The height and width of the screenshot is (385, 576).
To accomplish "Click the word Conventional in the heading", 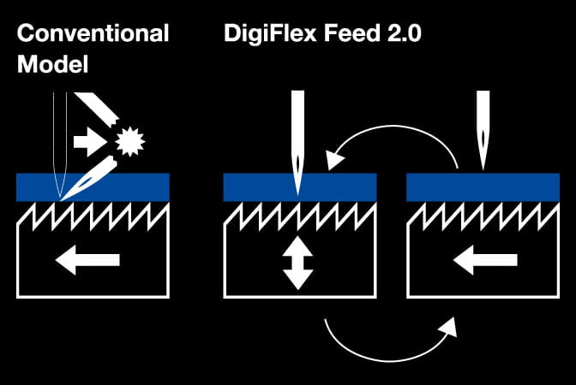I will (93, 34).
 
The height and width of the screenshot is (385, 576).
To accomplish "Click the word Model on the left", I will (51, 64).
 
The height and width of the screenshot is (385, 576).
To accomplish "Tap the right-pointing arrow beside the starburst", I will (90, 142).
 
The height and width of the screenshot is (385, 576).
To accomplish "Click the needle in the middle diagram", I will (297, 137).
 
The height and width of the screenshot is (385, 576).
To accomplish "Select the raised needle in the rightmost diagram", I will (483, 128).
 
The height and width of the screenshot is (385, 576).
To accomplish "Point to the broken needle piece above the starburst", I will (93, 108).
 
